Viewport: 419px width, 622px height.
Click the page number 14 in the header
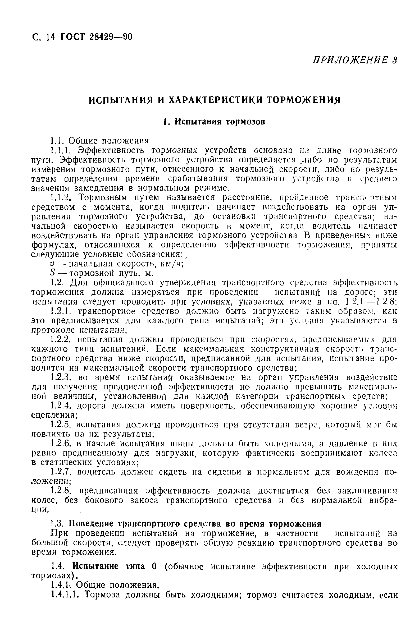pos(50,37)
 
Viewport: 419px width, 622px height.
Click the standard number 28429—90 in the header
pos(110,36)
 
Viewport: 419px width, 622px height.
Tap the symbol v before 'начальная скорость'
pos(52,264)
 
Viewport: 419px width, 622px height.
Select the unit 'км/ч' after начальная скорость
pos(171,264)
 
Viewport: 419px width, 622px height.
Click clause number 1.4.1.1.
pos(66,595)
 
